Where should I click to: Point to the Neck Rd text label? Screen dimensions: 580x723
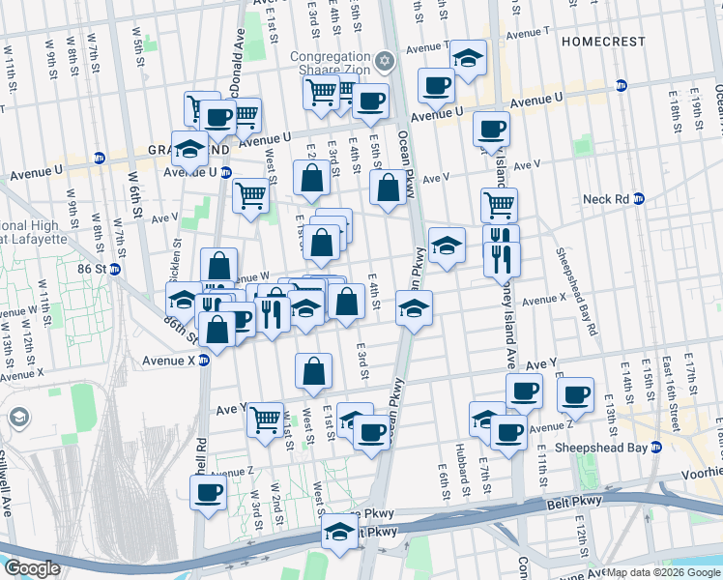click(x=607, y=199)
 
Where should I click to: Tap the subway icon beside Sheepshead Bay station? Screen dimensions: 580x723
click(x=656, y=448)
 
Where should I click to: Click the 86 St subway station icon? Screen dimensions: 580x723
click(x=114, y=269)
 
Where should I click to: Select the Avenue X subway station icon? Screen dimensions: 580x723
click(x=204, y=361)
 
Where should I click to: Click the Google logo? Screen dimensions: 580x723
click(x=32, y=568)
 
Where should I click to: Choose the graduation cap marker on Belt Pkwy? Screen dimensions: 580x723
click(x=339, y=533)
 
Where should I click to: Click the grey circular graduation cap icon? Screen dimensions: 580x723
click(x=18, y=418)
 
